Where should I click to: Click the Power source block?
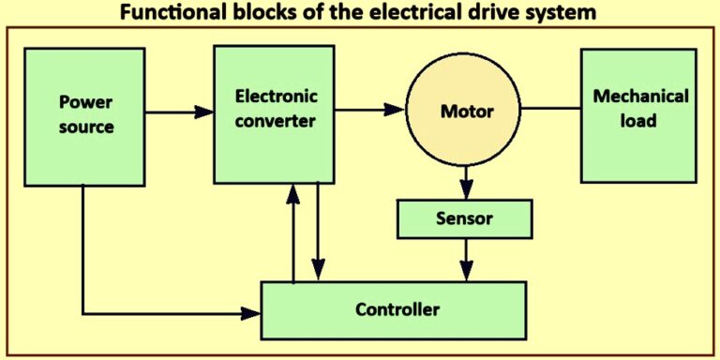[85, 113]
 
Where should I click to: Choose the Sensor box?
[465, 219]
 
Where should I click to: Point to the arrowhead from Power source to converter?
[204, 112]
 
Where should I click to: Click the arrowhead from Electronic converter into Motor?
[395, 110]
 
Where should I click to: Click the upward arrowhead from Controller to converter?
[294, 192]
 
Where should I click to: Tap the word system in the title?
[562, 13]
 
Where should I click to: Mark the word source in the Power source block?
[85, 127]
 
